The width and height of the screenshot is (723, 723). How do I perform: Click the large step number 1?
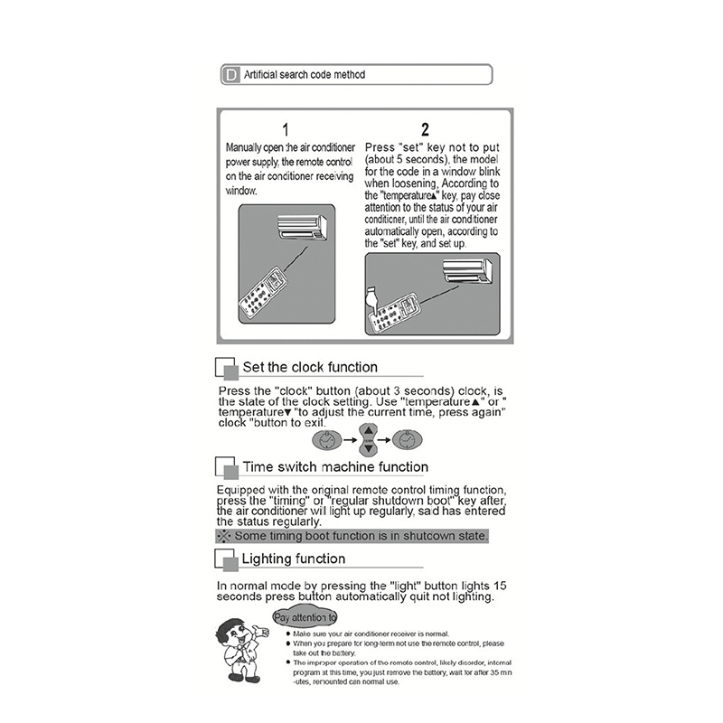(286, 130)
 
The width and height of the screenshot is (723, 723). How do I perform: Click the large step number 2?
(425, 130)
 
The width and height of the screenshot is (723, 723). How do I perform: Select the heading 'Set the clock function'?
(310, 367)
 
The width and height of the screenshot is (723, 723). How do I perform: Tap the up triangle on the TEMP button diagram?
(369, 430)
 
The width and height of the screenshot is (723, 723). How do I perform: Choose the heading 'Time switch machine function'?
(335, 466)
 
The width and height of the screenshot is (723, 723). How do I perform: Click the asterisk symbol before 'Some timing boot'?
(222, 536)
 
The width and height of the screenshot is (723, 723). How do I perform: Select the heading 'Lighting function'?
(293, 559)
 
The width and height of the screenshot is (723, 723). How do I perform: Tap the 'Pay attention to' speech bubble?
(305, 618)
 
